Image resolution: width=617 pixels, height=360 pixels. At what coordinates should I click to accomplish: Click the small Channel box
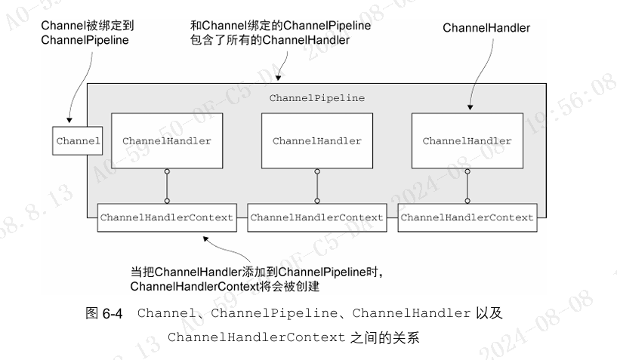77,141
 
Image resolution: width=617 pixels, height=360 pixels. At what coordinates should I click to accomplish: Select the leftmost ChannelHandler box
167,141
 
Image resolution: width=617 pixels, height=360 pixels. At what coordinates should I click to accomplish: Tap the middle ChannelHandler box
317,141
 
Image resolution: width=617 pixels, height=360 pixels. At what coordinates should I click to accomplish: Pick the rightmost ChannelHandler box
467,141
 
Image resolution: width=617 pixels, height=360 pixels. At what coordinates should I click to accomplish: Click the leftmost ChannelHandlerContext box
166,217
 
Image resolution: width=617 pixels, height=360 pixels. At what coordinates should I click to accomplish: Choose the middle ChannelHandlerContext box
317,217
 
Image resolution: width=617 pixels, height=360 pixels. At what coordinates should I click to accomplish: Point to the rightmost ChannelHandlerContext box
467,217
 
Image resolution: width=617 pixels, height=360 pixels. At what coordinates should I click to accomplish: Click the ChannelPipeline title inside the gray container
317,99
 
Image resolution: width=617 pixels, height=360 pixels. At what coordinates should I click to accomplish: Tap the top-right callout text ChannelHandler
486,28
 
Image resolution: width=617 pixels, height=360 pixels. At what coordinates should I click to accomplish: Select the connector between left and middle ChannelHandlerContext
241,217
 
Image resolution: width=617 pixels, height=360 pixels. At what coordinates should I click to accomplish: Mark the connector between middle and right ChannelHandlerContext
391,217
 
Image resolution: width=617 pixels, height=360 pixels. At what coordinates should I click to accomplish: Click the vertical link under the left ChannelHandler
167,186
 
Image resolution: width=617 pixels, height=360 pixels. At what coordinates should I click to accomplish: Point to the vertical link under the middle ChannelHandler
317,186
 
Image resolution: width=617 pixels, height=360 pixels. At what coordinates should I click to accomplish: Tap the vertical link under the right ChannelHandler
467,186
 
